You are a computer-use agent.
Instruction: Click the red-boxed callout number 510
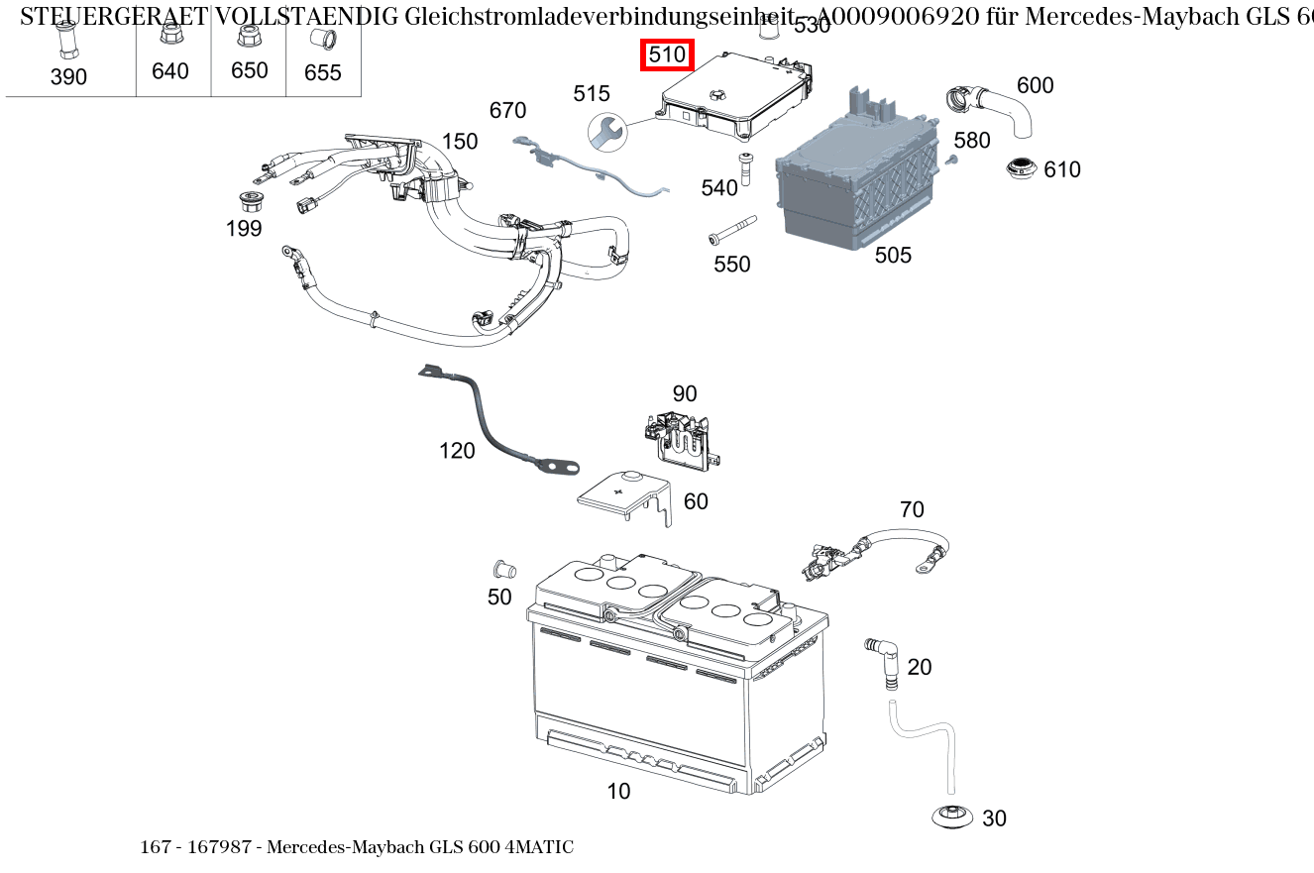pos(667,55)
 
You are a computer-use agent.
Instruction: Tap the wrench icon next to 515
pos(605,131)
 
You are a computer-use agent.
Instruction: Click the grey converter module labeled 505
pos(857,183)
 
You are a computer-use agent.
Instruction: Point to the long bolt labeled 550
pos(731,230)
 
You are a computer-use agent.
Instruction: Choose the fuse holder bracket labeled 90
pos(681,437)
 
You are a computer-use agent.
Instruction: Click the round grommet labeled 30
pos(952,817)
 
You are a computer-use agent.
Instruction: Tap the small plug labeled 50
pos(503,570)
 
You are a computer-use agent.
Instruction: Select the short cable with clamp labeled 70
pos(877,551)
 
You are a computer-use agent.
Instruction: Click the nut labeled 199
pos(251,201)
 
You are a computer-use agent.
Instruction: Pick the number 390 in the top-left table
pos(68,76)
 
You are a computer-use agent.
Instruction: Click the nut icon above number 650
pos(249,37)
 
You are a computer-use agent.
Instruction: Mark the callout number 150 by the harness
pos(460,142)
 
